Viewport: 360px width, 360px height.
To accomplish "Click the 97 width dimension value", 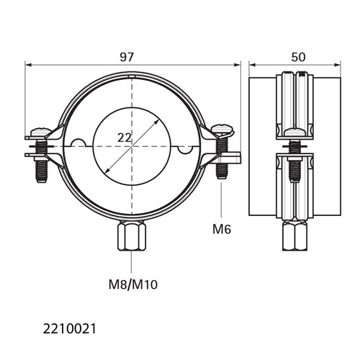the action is point(126,57).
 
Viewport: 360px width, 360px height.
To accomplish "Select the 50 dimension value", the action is point(298,57).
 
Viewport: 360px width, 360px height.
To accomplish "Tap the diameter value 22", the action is point(125,138).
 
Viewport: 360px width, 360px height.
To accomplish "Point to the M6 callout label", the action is point(222,229).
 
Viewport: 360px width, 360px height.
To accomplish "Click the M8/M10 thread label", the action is point(133,285).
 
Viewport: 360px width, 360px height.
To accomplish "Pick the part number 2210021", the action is point(69,329).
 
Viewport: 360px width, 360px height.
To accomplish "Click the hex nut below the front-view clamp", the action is point(132,236).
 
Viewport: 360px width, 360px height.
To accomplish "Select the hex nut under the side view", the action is point(295,236).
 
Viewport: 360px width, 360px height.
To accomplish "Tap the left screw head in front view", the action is point(41,132).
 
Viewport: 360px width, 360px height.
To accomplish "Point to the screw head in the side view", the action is point(295,132).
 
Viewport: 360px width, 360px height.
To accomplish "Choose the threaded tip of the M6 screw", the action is point(222,171).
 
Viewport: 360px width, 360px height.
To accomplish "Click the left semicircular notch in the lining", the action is point(78,143).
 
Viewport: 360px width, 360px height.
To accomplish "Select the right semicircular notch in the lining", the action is point(185,150).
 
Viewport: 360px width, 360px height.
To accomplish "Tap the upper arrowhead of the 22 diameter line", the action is point(156,122).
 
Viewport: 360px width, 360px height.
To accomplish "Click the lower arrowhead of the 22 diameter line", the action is point(107,170).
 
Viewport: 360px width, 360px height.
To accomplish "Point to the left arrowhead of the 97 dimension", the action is point(28,65).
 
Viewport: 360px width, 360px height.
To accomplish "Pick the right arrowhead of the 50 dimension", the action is point(338,65).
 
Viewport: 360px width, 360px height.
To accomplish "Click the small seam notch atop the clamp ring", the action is point(132,76).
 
